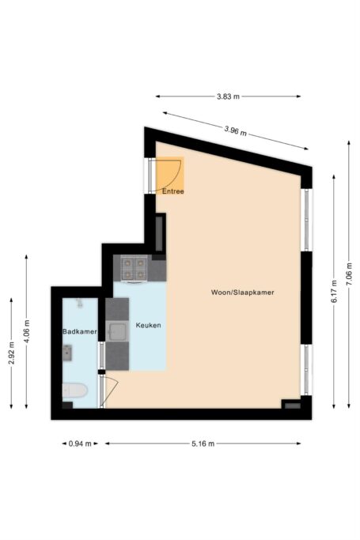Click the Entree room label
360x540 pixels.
point(173,191)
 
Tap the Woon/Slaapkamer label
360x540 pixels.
point(242,292)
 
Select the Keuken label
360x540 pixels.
point(149,326)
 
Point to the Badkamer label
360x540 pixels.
point(79,332)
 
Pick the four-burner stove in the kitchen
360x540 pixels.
point(134,268)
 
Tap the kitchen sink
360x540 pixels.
point(118,332)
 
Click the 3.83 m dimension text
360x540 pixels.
point(228,96)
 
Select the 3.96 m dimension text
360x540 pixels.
point(235,130)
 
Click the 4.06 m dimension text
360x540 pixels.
point(26,332)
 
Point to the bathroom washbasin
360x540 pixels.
point(79,304)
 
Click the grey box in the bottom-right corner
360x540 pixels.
point(293,405)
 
